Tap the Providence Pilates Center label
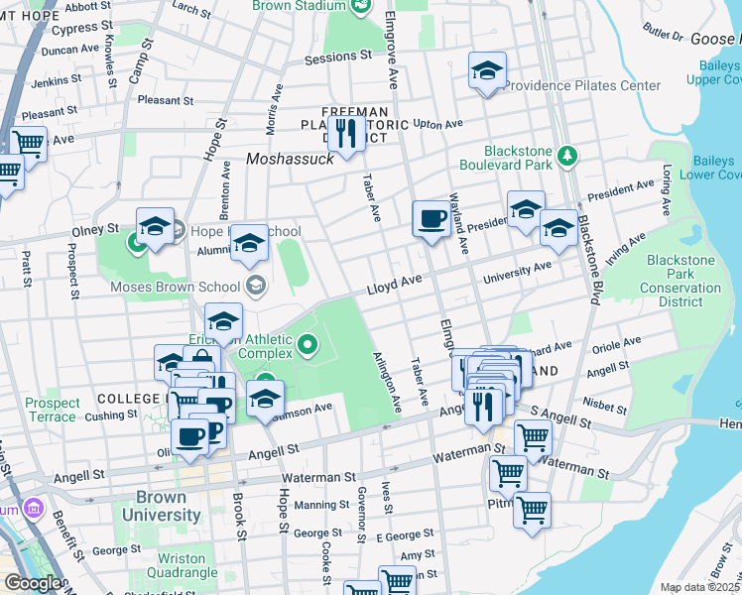[x=581, y=85]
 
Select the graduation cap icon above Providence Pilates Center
[x=486, y=71]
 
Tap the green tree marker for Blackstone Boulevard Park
[x=566, y=155]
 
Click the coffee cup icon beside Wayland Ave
[x=432, y=218]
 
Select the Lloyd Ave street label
[x=396, y=285]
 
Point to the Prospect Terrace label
[x=52, y=410]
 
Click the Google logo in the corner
[x=33, y=583]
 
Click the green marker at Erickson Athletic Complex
[x=308, y=345]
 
